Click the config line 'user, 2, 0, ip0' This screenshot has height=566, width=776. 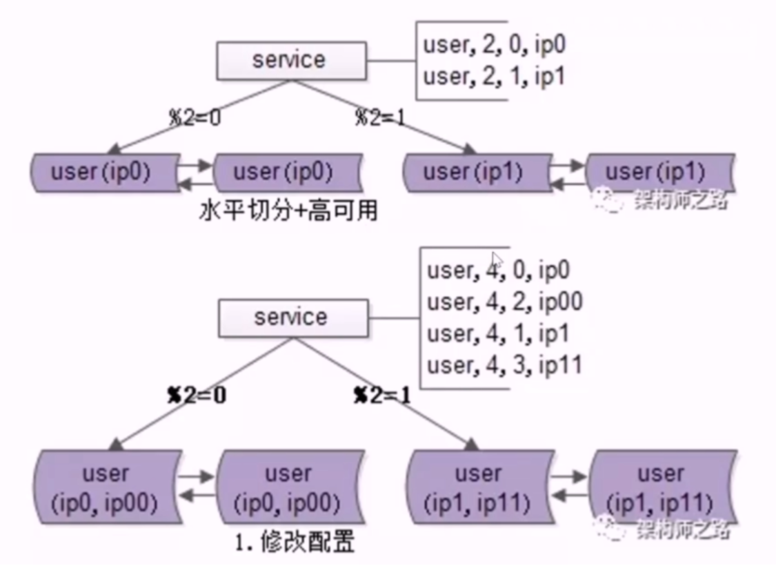click(494, 45)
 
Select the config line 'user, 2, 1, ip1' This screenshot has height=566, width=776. click(494, 76)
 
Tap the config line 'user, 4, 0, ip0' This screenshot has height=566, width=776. click(498, 270)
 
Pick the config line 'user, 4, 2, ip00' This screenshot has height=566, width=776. click(504, 302)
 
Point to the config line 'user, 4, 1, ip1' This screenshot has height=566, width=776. click(498, 333)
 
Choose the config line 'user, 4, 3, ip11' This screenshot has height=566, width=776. click(504, 364)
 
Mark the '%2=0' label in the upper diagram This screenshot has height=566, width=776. click(195, 117)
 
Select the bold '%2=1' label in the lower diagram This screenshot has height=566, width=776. click(381, 396)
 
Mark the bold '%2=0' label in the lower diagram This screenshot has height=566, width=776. click(198, 396)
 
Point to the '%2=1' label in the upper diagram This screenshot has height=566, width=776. click(380, 117)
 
